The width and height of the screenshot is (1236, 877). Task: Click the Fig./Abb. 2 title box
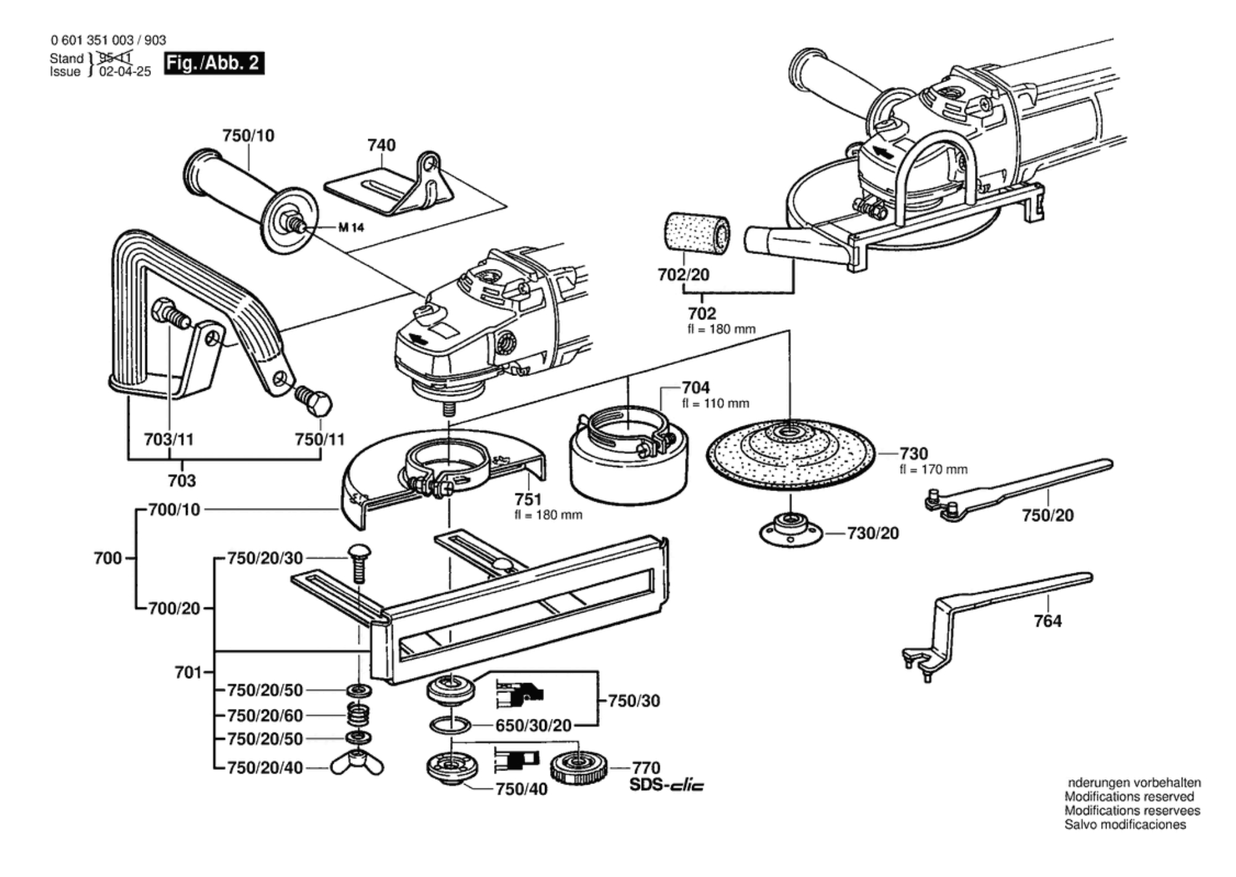[214, 63]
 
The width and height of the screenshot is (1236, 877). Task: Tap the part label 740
[381, 145]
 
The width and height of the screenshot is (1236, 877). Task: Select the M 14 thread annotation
[351, 228]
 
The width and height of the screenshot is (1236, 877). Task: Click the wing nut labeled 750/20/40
[357, 764]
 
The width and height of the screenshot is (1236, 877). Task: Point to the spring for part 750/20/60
[358, 715]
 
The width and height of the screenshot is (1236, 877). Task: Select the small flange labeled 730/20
[791, 531]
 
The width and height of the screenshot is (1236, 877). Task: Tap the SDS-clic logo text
[666, 785]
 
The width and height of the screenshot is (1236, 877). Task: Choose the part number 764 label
[1048, 621]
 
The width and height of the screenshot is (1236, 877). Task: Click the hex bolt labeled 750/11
[314, 401]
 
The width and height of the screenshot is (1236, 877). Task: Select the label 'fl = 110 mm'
[716, 404]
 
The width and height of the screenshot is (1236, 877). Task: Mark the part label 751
[528, 499]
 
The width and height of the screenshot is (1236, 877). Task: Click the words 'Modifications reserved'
[1129, 796]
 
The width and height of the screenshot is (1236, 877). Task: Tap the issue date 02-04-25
[125, 71]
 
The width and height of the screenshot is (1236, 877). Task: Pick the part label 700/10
[174, 510]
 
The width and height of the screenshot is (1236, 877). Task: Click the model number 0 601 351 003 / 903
[108, 40]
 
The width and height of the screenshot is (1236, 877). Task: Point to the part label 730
[913, 454]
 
